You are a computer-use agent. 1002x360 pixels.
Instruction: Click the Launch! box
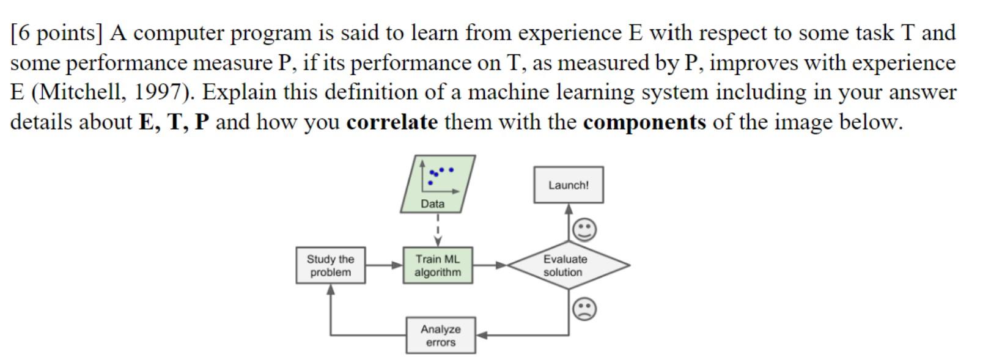(x=568, y=185)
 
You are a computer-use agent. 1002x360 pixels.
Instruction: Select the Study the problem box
(x=330, y=265)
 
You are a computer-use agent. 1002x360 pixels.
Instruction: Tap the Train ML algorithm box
(x=438, y=265)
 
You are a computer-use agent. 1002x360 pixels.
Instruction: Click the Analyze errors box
(x=440, y=336)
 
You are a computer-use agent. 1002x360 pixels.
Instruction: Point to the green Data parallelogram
(x=437, y=184)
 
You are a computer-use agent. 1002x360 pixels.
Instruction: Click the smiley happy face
(x=584, y=230)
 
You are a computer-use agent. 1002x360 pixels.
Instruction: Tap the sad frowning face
(x=584, y=309)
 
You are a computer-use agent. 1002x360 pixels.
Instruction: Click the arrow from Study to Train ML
(x=384, y=265)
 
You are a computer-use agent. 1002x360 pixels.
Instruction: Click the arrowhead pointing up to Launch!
(x=569, y=209)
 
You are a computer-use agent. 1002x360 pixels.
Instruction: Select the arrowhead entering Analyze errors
(x=482, y=335)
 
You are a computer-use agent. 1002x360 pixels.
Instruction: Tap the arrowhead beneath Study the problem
(x=331, y=289)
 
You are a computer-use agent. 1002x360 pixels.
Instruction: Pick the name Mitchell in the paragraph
(x=79, y=92)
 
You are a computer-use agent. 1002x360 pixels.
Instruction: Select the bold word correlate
(x=392, y=122)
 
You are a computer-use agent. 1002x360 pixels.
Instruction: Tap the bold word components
(x=644, y=122)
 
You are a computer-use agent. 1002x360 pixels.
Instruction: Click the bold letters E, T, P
(x=174, y=122)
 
